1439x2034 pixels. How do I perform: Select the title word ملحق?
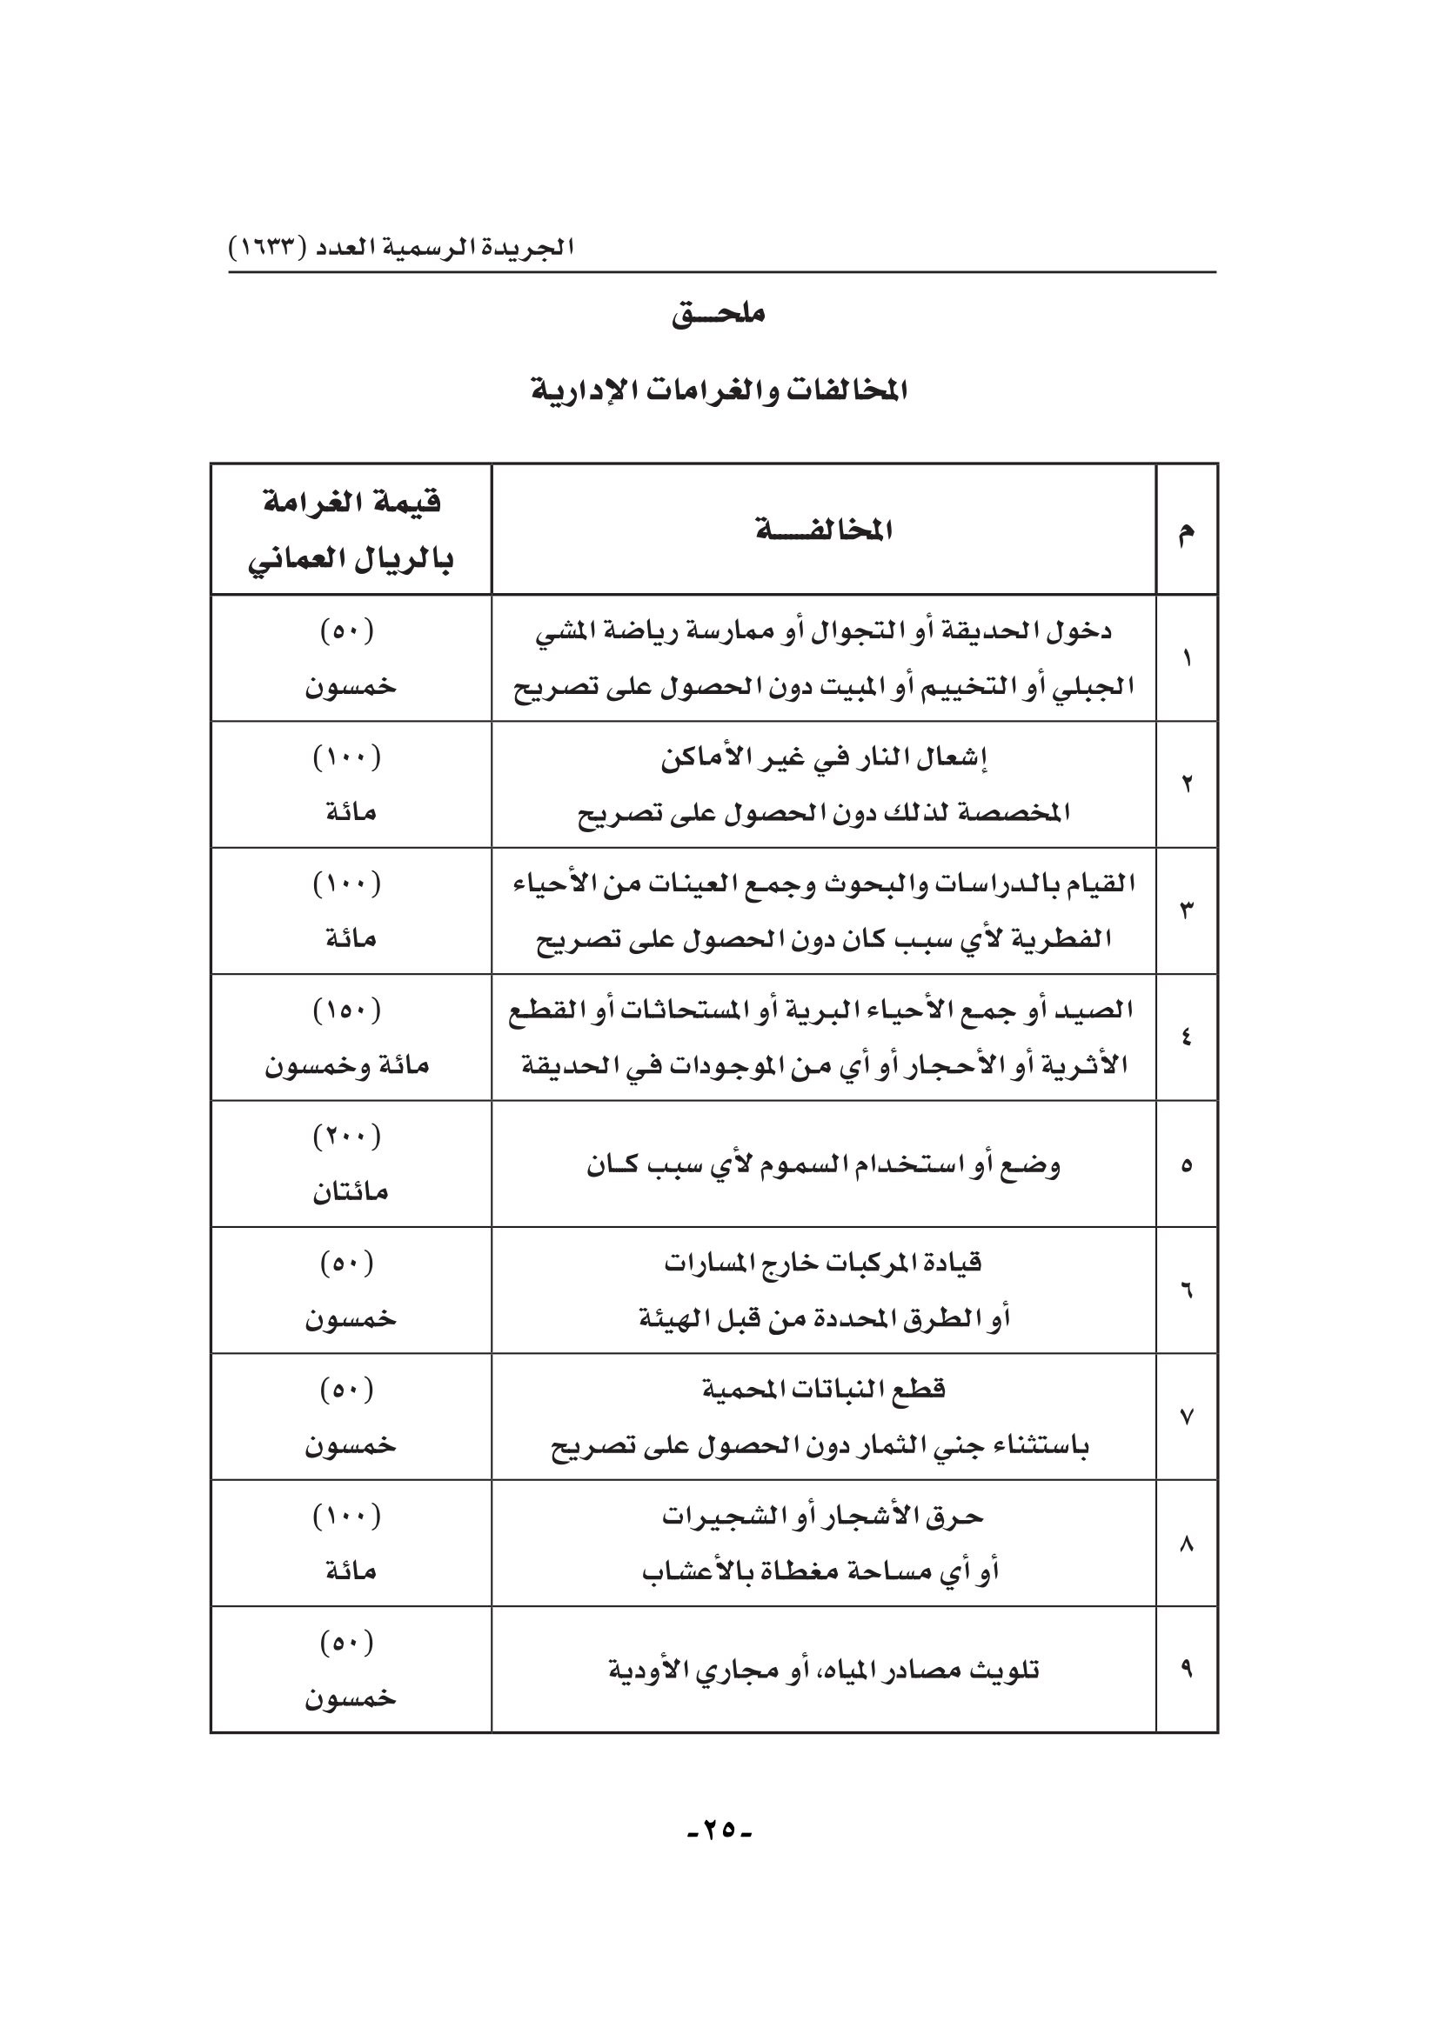719,315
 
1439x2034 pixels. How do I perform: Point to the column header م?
1187,531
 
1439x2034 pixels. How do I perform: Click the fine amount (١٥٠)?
346,1010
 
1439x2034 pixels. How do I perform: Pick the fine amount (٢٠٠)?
346,1137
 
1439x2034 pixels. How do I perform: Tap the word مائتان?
350,1192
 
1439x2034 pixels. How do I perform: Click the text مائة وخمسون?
346,1066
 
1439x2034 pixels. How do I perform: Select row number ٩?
1187,1670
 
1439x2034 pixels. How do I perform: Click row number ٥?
1187,1166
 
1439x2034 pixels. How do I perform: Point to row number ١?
1187,659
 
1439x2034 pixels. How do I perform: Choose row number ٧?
1187,1417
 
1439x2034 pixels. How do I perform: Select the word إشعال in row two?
957,758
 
